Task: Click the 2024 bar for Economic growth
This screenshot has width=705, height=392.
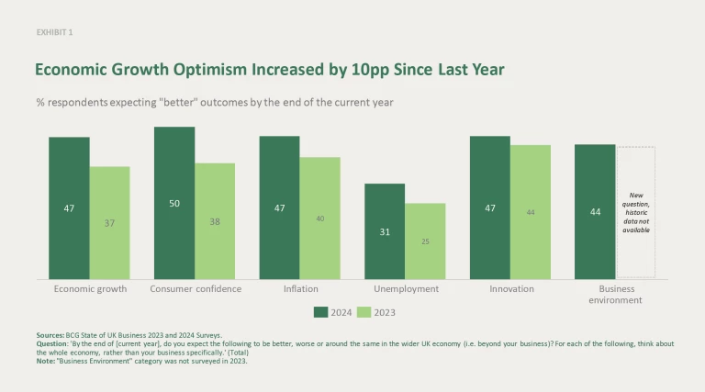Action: pos(69,208)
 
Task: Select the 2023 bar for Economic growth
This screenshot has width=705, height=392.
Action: pos(109,223)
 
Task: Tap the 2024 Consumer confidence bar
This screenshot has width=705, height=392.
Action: pos(174,203)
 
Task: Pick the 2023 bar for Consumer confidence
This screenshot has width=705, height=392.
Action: pos(215,221)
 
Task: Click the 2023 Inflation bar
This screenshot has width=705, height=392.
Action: pos(319,218)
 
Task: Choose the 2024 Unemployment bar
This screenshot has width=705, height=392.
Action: pos(385,231)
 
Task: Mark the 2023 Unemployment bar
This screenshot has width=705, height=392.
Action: pos(425,241)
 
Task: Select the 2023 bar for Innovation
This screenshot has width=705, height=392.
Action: pos(530,212)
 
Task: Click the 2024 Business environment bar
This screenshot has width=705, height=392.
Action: pos(595,212)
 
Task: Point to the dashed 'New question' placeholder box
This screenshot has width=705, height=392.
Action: pos(635,212)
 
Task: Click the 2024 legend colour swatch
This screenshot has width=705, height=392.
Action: pos(320,311)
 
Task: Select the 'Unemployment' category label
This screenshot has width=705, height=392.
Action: pos(405,289)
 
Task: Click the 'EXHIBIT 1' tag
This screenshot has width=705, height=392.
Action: pos(54,32)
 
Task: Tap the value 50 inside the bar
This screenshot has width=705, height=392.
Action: pos(174,203)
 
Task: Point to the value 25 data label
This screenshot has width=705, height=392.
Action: pos(425,241)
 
